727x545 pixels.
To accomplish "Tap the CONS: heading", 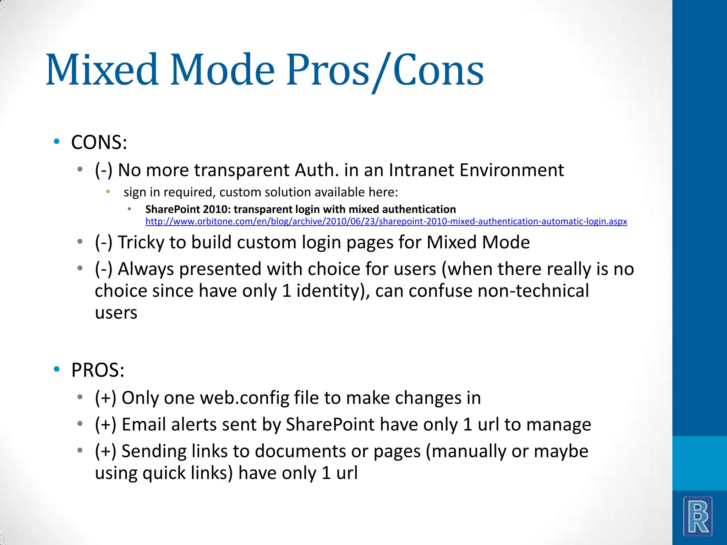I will (99, 142).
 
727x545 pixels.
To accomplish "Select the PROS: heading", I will (98, 370).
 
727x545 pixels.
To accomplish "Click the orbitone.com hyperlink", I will (386, 221).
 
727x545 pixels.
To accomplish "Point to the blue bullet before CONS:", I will (56, 142).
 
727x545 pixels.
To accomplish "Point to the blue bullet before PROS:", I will (56, 369).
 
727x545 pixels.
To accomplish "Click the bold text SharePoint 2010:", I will (188, 209).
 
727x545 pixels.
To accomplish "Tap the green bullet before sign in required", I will (108, 192).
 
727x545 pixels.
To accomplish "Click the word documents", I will (300, 451).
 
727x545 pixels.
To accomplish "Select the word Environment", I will (512, 170).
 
